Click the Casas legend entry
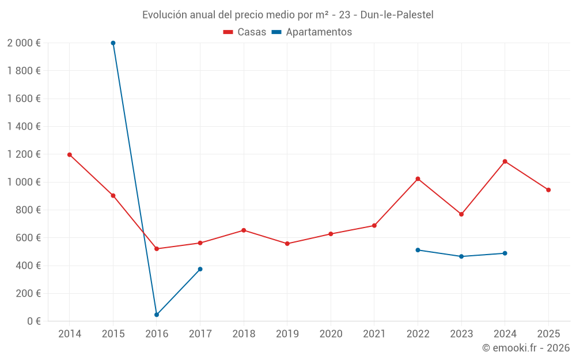coord(245,32)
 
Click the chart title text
coord(288,14)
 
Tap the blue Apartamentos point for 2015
coord(113,43)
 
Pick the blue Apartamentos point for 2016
coord(157,315)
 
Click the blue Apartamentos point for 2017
coord(200,269)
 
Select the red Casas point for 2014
coord(70,154)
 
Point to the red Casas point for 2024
coord(505,161)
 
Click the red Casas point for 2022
coord(418,179)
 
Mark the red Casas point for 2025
coord(548,190)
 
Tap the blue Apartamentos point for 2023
coord(461,256)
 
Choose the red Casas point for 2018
coord(244,230)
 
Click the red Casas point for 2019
coord(287,244)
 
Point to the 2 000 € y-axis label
coord(24,43)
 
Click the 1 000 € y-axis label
coord(24,182)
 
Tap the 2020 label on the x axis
coord(331,334)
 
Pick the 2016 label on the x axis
coord(157,334)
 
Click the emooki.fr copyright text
coord(526,348)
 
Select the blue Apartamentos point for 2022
coord(418,250)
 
